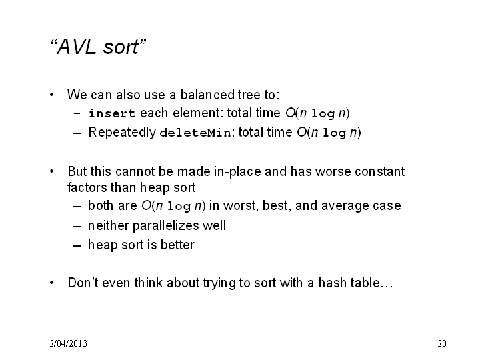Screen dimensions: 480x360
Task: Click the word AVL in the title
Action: click(76, 47)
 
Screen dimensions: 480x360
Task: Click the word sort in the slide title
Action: click(121, 47)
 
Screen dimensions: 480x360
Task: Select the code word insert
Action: click(112, 113)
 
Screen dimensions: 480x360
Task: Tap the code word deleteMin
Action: click(195, 133)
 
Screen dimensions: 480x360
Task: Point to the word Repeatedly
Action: click(122, 133)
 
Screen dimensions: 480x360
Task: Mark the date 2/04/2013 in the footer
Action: click(68, 343)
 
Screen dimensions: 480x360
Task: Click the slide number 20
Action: click(442, 343)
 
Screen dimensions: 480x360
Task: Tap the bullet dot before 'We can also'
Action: click(52, 95)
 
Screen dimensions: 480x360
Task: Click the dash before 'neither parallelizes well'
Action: click(77, 227)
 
